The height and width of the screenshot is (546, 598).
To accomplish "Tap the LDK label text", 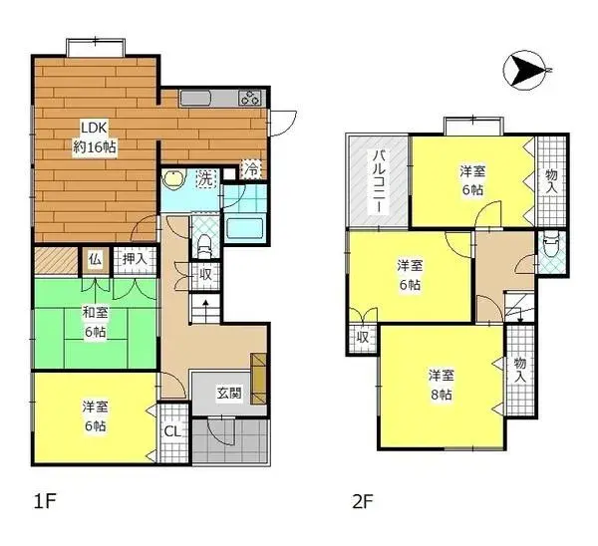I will pyautogui.click(x=94, y=128).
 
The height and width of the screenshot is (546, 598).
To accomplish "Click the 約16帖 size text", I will pyautogui.click(x=95, y=146).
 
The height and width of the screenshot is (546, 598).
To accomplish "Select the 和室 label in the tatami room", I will pyautogui.click(x=95, y=313).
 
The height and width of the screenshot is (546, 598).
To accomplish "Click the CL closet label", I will pyautogui.click(x=171, y=432).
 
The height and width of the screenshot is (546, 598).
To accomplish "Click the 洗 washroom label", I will pyautogui.click(x=204, y=179).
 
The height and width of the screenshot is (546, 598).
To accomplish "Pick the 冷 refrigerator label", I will pyautogui.click(x=253, y=168).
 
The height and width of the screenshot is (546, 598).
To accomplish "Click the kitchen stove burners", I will pyautogui.click(x=249, y=98).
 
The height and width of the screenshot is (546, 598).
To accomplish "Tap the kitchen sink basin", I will pyautogui.click(x=194, y=100).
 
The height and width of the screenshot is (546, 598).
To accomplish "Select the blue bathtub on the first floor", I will pyautogui.click(x=244, y=228).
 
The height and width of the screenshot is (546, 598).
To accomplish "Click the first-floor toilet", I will pyautogui.click(x=203, y=241).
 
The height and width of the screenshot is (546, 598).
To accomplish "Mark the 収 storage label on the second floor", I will pyautogui.click(x=363, y=337).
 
